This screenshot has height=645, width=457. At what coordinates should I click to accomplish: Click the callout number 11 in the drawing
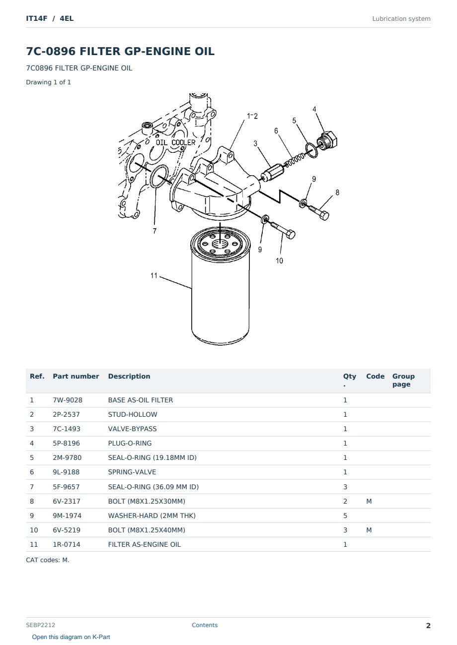click(x=154, y=275)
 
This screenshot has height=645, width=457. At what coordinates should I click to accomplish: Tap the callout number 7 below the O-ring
click(x=155, y=231)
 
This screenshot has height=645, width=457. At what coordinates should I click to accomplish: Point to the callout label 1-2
click(x=252, y=116)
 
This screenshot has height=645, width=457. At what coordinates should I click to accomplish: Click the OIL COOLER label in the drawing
click(x=175, y=142)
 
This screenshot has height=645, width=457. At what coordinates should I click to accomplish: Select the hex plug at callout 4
click(x=327, y=140)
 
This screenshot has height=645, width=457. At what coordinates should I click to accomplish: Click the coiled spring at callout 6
click(x=294, y=160)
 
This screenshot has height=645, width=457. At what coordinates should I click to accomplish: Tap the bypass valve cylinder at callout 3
click(x=273, y=172)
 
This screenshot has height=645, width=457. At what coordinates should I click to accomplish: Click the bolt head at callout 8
click(x=324, y=215)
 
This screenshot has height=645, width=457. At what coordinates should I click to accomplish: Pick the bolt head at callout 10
click(x=291, y=234)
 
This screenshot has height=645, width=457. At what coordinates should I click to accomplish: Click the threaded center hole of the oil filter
click(x=220, y=244)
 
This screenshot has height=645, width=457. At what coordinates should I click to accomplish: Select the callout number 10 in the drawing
click(x=279, y=261)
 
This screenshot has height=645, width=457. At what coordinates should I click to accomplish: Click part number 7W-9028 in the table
click(x=68, y=400)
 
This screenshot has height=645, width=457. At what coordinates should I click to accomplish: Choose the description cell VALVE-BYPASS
click(x=132, y=429)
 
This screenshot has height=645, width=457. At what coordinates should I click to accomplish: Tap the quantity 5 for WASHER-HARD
click(x=345, y=516)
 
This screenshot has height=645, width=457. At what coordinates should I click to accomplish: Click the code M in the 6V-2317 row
click(x=369, y=501)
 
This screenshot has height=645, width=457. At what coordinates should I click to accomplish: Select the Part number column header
click(x=76, y=376)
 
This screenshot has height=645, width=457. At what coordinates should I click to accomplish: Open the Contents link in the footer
click(x=205, y=625)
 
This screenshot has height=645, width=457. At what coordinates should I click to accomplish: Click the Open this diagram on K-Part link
click(x=71, y=637)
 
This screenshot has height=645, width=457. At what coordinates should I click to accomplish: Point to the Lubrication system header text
click(x=401, y=19)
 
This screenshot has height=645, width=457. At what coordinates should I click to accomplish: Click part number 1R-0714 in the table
click(x=67, y=544)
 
